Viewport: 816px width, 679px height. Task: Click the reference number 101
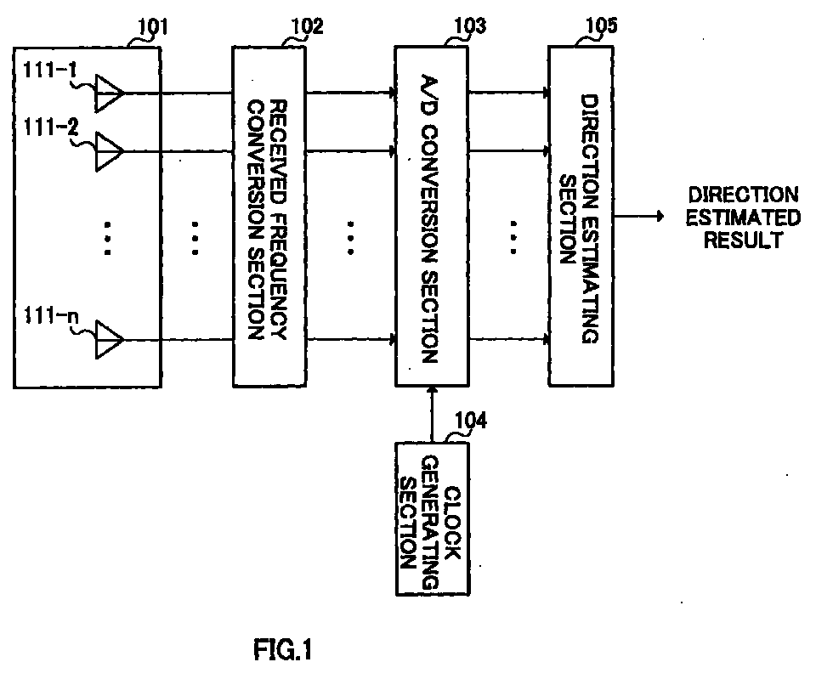point(153,26)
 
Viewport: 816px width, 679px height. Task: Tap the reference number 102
point(306,26)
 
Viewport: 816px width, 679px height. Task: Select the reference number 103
point(470,25)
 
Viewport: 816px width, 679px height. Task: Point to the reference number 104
point(471,421)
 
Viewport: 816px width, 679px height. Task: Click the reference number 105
point(602,25)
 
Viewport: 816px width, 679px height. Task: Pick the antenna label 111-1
point(49,69)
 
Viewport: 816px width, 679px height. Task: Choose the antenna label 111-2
point(50,127)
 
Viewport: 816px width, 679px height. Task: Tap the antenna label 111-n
point(51,315)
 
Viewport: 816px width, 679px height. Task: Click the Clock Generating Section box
point(433,518)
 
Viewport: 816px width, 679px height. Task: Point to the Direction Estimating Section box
point(581,216)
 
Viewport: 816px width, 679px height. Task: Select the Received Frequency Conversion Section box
point(269,217)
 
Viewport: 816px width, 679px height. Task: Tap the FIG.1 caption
point(283,649)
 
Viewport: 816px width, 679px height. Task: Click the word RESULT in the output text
point(743,240)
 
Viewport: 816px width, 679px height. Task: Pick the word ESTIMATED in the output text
point(743,218)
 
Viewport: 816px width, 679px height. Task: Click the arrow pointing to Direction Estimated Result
point(639,216)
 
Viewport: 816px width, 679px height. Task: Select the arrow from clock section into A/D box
point(432,414)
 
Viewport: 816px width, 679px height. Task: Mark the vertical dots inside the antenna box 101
point(108,239)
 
